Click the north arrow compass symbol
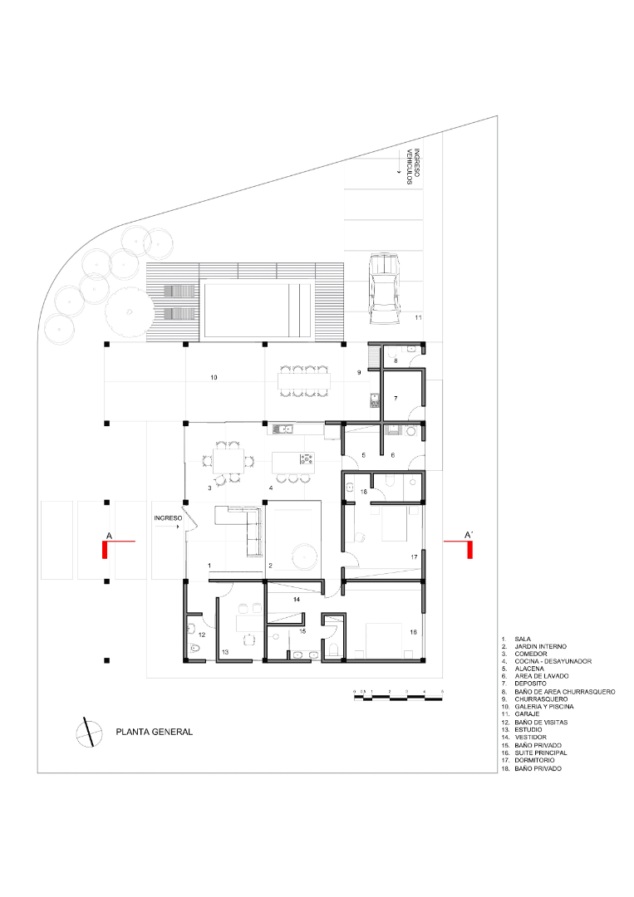[x=85, y=732]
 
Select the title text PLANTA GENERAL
[x=155, y=732]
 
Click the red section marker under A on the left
[x=106, y=549]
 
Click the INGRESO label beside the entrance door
[x=167, y=518]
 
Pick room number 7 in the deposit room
[x=396, y=399]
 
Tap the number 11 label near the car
[x=419, y=318]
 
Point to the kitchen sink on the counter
[x=283, y=429]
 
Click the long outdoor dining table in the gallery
[x=302, y=382]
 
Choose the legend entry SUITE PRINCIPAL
[x=540, y=752]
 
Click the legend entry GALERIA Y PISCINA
[x=543, y=707]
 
